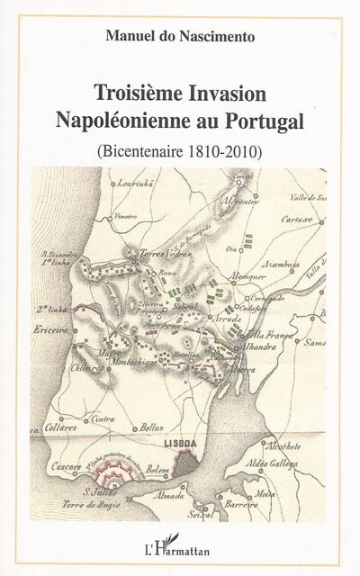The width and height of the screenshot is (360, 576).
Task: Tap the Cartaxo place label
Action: point(301,219)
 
